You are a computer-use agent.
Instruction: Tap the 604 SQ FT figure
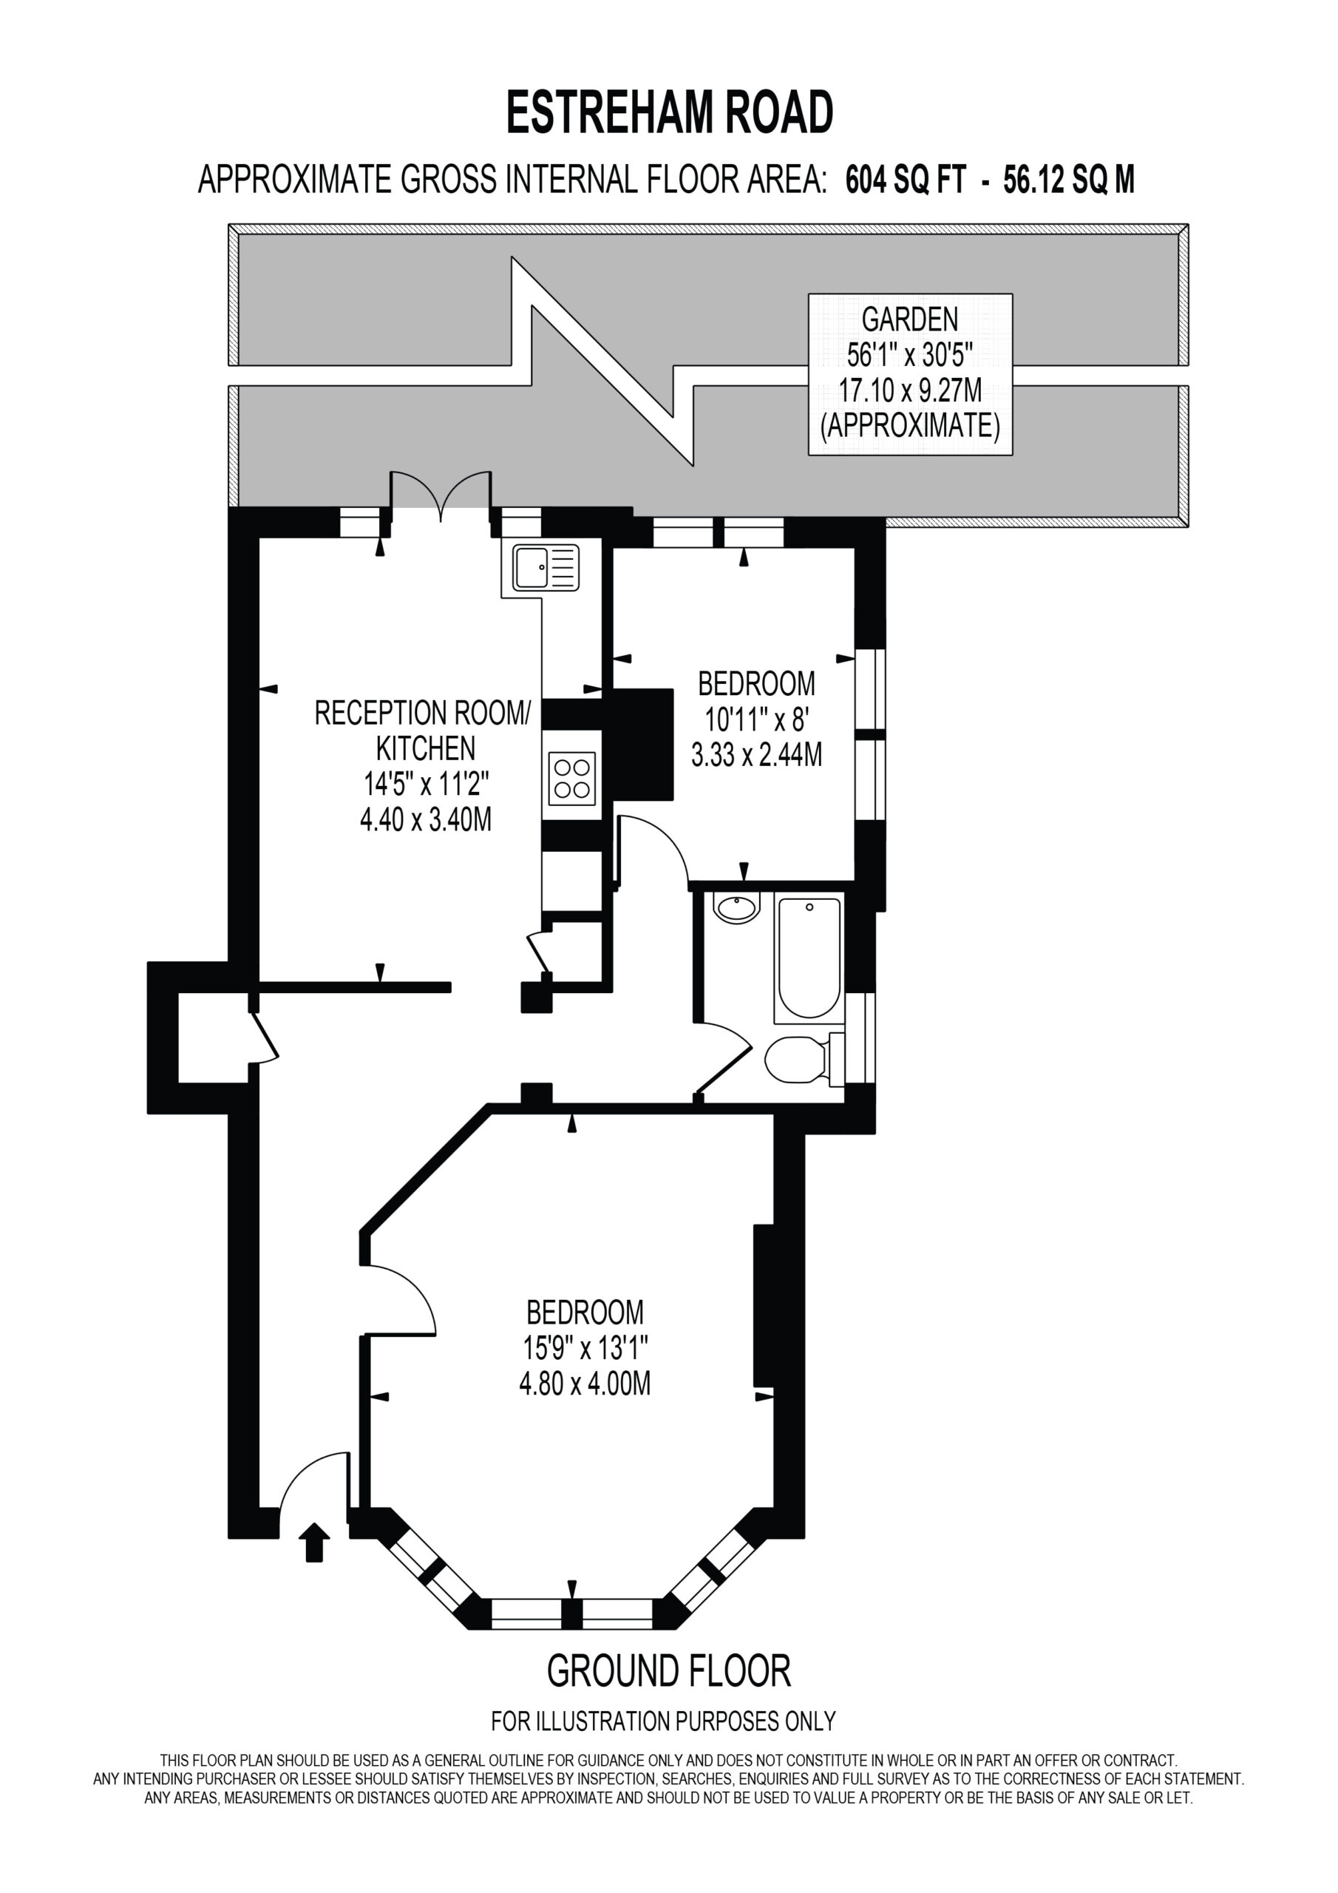click(x=904, y=179)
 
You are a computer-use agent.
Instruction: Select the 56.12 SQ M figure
click(x=1068, y=179)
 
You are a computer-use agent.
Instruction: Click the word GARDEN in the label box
click(x=909, y=318)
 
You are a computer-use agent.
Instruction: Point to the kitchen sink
click(x=546, y=566)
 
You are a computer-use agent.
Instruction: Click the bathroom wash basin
click(x=737, y=909)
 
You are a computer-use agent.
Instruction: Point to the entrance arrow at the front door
click(x=314, y=1542)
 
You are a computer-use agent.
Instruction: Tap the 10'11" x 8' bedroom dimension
click(x=756, y=719)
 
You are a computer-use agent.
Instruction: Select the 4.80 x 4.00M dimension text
click(x=585, y=1383)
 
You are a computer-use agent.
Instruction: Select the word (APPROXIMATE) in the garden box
click(x=909, y=425)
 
